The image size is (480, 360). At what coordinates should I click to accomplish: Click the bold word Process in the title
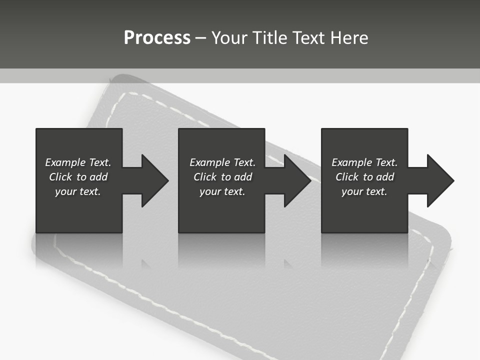(157, 38)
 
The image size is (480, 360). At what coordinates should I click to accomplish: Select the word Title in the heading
(271, 38)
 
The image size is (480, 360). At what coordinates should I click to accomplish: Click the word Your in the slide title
(231, 38)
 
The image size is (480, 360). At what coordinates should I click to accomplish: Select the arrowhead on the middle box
(296, 180)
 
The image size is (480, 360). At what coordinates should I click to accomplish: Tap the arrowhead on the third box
(439, 180)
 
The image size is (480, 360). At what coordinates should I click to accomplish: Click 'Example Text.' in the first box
(78, 162)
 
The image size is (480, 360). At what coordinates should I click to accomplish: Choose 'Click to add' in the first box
(78, 177)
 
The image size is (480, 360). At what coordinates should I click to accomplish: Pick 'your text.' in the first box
(78, 191)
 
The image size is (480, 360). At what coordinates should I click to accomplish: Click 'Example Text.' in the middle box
(222, 162)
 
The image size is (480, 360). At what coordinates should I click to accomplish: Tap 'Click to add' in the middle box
(222, 177)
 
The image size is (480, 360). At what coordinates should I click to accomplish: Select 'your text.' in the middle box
(222, 191)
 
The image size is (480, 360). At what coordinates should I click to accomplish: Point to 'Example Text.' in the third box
(364, 162)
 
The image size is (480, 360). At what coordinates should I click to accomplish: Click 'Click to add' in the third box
(364, 177)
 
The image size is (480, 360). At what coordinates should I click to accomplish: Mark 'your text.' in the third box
(364, 191)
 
